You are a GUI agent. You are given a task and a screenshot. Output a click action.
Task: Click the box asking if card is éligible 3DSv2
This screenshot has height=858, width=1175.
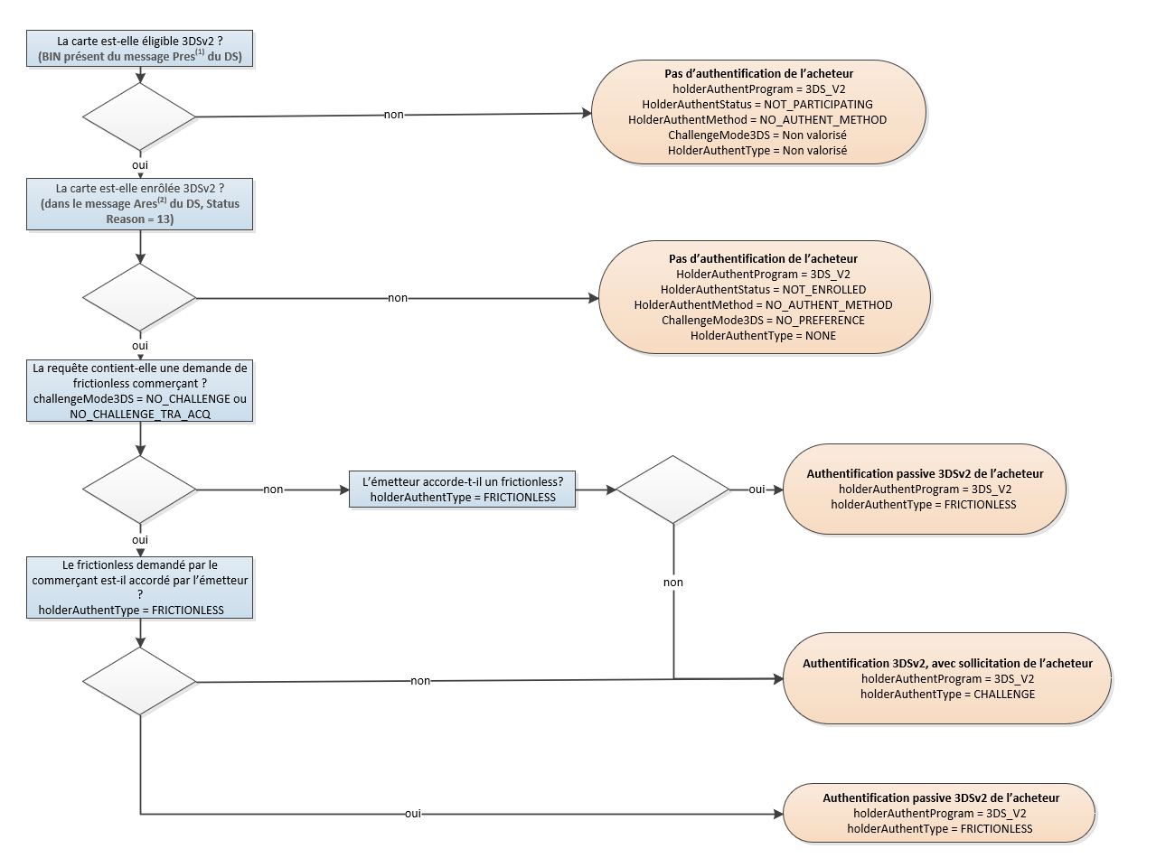coord(140,49)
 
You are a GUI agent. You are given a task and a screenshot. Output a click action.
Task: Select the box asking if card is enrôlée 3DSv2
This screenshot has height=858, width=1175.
coord(140,203)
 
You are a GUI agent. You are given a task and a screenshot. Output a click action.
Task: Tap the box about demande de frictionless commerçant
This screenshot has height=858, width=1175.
coord(140,390)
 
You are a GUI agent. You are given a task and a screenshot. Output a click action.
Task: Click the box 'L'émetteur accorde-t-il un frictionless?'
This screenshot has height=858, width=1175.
coord(463,490)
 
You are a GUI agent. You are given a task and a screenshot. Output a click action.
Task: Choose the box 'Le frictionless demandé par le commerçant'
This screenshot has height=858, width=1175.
coord(140,588)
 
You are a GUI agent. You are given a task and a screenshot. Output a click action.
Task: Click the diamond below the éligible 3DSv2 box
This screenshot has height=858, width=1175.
coord(140,117)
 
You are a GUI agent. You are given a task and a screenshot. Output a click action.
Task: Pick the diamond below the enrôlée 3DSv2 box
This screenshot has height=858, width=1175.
coord(140,298)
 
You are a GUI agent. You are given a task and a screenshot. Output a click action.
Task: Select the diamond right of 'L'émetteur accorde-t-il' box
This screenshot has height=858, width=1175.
coord(672,490)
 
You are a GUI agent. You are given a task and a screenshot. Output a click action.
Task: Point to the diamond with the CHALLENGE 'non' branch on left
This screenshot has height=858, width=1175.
coord(140,682)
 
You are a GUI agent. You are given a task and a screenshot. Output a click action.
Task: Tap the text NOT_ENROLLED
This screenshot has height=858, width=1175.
coord(826,290)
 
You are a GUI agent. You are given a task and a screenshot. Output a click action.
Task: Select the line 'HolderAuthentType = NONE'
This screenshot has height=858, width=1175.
coord(764,336)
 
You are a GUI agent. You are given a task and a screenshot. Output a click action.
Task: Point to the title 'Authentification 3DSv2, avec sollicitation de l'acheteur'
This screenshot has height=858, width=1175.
coord(947,664)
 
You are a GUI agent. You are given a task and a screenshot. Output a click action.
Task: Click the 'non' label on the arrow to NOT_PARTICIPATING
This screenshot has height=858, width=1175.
coord(394,115)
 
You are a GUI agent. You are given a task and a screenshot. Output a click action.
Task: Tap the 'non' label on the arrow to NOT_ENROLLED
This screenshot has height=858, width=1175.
coord(397,298)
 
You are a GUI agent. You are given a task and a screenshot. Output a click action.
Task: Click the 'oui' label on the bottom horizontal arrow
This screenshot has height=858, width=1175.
coord(413,814)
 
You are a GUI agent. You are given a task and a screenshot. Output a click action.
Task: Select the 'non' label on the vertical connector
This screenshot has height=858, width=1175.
coord(673,583)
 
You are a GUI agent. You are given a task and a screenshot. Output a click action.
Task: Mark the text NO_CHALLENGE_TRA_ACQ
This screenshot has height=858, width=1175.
coord(140,414)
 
